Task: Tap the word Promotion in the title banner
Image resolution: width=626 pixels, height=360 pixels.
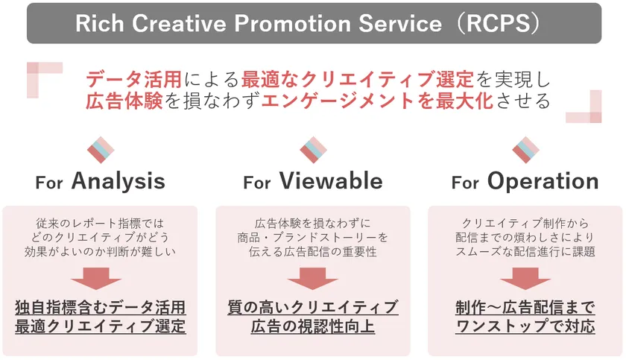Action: (x=293, y=23)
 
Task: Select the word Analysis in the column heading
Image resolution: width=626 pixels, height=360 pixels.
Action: (x=118, y=182)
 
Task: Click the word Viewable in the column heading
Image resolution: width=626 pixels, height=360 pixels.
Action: (x=331, y=181)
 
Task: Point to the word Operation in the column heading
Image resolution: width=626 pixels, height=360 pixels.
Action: (x=543, y=182)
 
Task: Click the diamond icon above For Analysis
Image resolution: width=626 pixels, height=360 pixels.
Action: (x=101, y=150)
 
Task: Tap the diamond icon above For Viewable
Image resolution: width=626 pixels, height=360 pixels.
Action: (x=314, y=150)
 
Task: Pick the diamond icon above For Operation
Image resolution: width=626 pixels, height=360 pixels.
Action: (x=526, y=150)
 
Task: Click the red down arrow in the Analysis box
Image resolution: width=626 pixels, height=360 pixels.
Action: (x=96, y=279)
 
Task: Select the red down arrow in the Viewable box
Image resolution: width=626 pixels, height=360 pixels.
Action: (x=312, y=279)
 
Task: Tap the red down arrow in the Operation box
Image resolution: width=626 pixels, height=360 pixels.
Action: (x=525, y=279)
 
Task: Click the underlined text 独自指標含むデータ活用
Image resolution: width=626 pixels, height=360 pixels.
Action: (x=100, y=307)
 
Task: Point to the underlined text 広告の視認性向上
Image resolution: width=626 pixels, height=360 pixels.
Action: (x=312, y=326)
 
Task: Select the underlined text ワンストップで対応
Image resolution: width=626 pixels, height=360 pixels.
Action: (x=525, y=326)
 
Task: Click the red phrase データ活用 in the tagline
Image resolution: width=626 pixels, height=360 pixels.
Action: (x=133, y=79)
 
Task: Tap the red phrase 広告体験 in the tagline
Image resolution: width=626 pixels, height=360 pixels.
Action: (x=124, y=101)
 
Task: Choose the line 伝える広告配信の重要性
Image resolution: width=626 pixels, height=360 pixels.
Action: (x=312, y=252)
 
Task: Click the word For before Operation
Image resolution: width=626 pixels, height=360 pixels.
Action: (x=465, y=183)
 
